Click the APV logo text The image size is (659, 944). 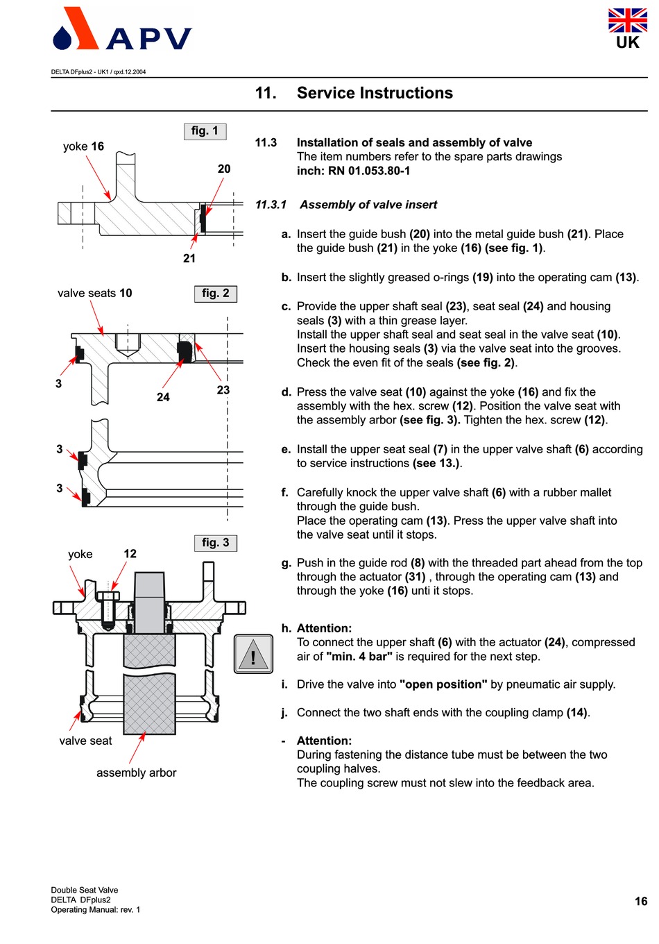coord(148,39)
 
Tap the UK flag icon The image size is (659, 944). coord(627,21)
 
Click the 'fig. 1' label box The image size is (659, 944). coord(205,130)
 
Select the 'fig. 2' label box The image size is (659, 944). coord(215,294)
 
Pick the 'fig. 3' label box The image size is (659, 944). coord(215,543)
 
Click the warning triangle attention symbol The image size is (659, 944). coord(253,654)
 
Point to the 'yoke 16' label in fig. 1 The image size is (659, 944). coord(83,146)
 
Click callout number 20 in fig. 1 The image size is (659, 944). coord(224,169)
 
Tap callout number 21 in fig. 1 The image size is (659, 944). coord(189,258)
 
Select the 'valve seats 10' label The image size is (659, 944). coord(94,293)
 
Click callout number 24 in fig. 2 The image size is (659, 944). coord(163,397)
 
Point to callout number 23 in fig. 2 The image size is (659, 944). coord(223,390)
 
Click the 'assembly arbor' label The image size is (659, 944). coord(136,773)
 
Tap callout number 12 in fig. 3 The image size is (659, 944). coord(130,553)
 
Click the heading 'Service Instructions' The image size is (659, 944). coord(375,93)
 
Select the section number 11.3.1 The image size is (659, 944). coord(271,205)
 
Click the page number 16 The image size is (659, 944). coord(641,901)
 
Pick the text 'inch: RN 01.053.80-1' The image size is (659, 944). coord(353,171)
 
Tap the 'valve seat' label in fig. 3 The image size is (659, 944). coord(85,741)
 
